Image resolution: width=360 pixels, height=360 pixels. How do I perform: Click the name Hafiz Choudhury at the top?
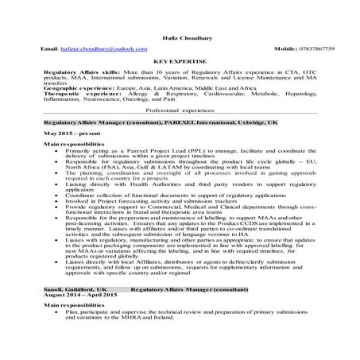coord(180,29)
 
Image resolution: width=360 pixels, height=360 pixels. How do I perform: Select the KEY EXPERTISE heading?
coord(180,60)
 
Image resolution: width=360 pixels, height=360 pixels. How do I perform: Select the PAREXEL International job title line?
coord(138,125)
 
